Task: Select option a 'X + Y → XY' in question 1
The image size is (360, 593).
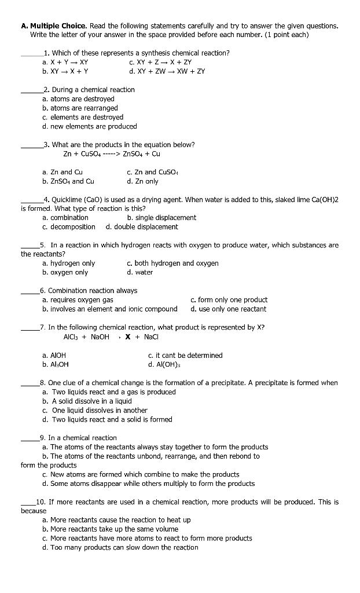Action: point(65,62)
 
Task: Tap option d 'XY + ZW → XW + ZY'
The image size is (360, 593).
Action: point(167,71)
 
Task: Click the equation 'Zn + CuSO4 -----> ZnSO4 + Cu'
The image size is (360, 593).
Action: point(112,154)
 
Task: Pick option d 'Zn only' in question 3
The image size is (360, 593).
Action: point(142,181)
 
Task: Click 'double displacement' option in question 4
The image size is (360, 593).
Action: point(142,227)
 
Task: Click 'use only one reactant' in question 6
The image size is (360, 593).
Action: point(228,309)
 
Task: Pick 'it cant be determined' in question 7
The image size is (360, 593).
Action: point(185,355)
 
